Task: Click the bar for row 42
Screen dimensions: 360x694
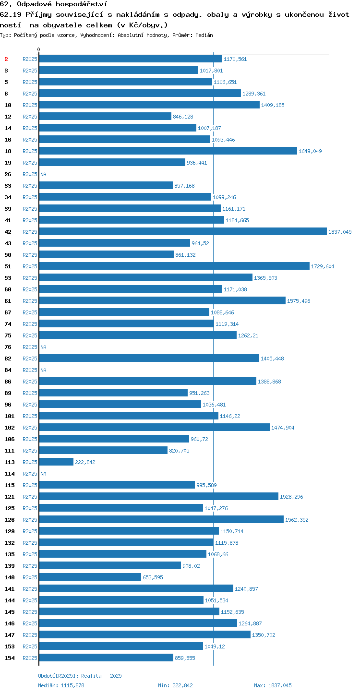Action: click(x=183, y=231)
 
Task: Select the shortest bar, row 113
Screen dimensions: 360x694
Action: click(x=56, y=462)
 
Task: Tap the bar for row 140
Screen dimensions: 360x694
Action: click(x=90, y=577)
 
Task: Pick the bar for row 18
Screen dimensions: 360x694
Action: click(x=168, y=151)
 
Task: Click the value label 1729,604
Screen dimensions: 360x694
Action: click(x=323, y=266)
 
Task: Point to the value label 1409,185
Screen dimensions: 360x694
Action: click(x=273, y=105)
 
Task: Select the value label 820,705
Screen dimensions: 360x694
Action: click(x=179, y=451)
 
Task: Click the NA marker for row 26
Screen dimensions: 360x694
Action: click(x=43, y=174)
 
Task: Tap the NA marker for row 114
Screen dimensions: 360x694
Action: click(x=43, y=474)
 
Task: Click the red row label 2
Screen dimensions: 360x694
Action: click(x=6, y=59)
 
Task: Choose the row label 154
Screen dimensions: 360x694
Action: click(x=9, y=658)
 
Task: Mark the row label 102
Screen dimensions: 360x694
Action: click(x=9, y=428)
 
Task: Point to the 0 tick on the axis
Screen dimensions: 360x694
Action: click(x=38, y=49)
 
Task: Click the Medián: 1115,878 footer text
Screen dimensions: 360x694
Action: click(x=61, y=685)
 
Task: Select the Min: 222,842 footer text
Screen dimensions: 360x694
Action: click(x=175, y=685)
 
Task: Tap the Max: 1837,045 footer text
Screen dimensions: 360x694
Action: click(x=273, y=685)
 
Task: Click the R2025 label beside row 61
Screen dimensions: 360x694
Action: click(x=30, y=301)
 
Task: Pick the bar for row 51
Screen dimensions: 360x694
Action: click(x=174, y=266)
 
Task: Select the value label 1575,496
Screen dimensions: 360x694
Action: click(x=299, y=301)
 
